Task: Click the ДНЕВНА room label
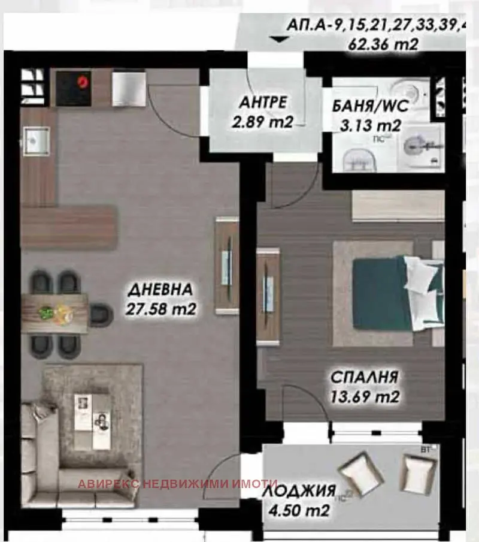(160, 290)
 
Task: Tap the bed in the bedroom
(389, 294)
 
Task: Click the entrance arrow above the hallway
(277, 40)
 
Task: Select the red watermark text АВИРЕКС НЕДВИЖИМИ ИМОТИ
(177, 484)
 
